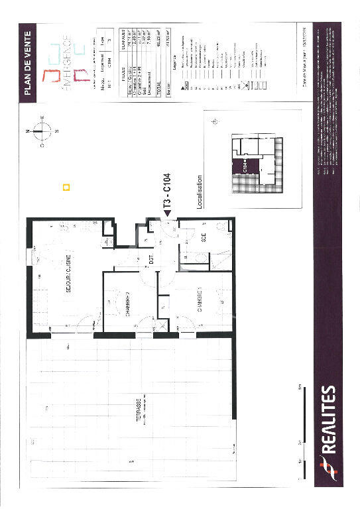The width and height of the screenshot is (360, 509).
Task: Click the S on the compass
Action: pyautogui.click(x=57, y=131)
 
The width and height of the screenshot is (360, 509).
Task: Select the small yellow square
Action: pyautogui.click(x=65, y=187)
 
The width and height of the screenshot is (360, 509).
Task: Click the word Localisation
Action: pyautogui.click(x=200, y=192)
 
